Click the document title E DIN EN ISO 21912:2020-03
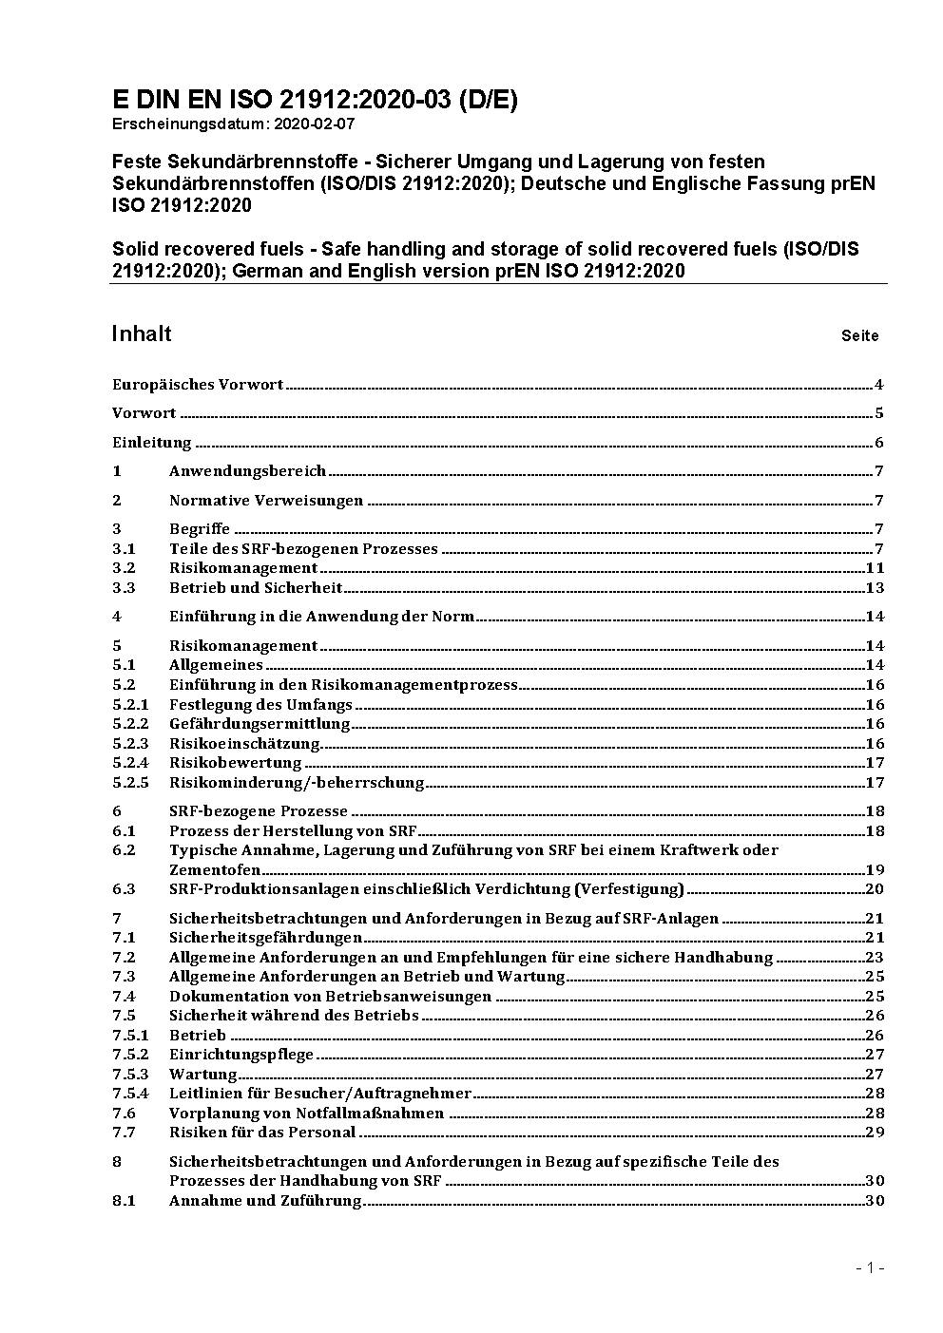[x=315, y=100]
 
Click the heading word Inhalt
[x=142, y=333]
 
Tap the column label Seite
[x=859, y=335]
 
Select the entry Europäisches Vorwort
[x=198, y=385]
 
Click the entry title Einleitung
[x=152, y=443]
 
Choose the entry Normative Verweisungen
[x=266, y=501]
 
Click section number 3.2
[x=124, y=568]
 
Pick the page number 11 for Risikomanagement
[x=875, y=568]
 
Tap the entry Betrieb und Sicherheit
[x=256, y=588]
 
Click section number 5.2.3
[x=130, y=744]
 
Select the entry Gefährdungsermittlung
[x=260, y=724]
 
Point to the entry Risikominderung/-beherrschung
[x=297, y=783]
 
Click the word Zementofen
[x=215, y=869]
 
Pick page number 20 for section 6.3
[x=875, y=889]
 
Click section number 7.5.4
[x=130, y=1094]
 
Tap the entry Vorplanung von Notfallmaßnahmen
[x=306, y=1114]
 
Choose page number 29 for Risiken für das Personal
[x=875, y=1133]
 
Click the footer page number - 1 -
[x=871, y=1267]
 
